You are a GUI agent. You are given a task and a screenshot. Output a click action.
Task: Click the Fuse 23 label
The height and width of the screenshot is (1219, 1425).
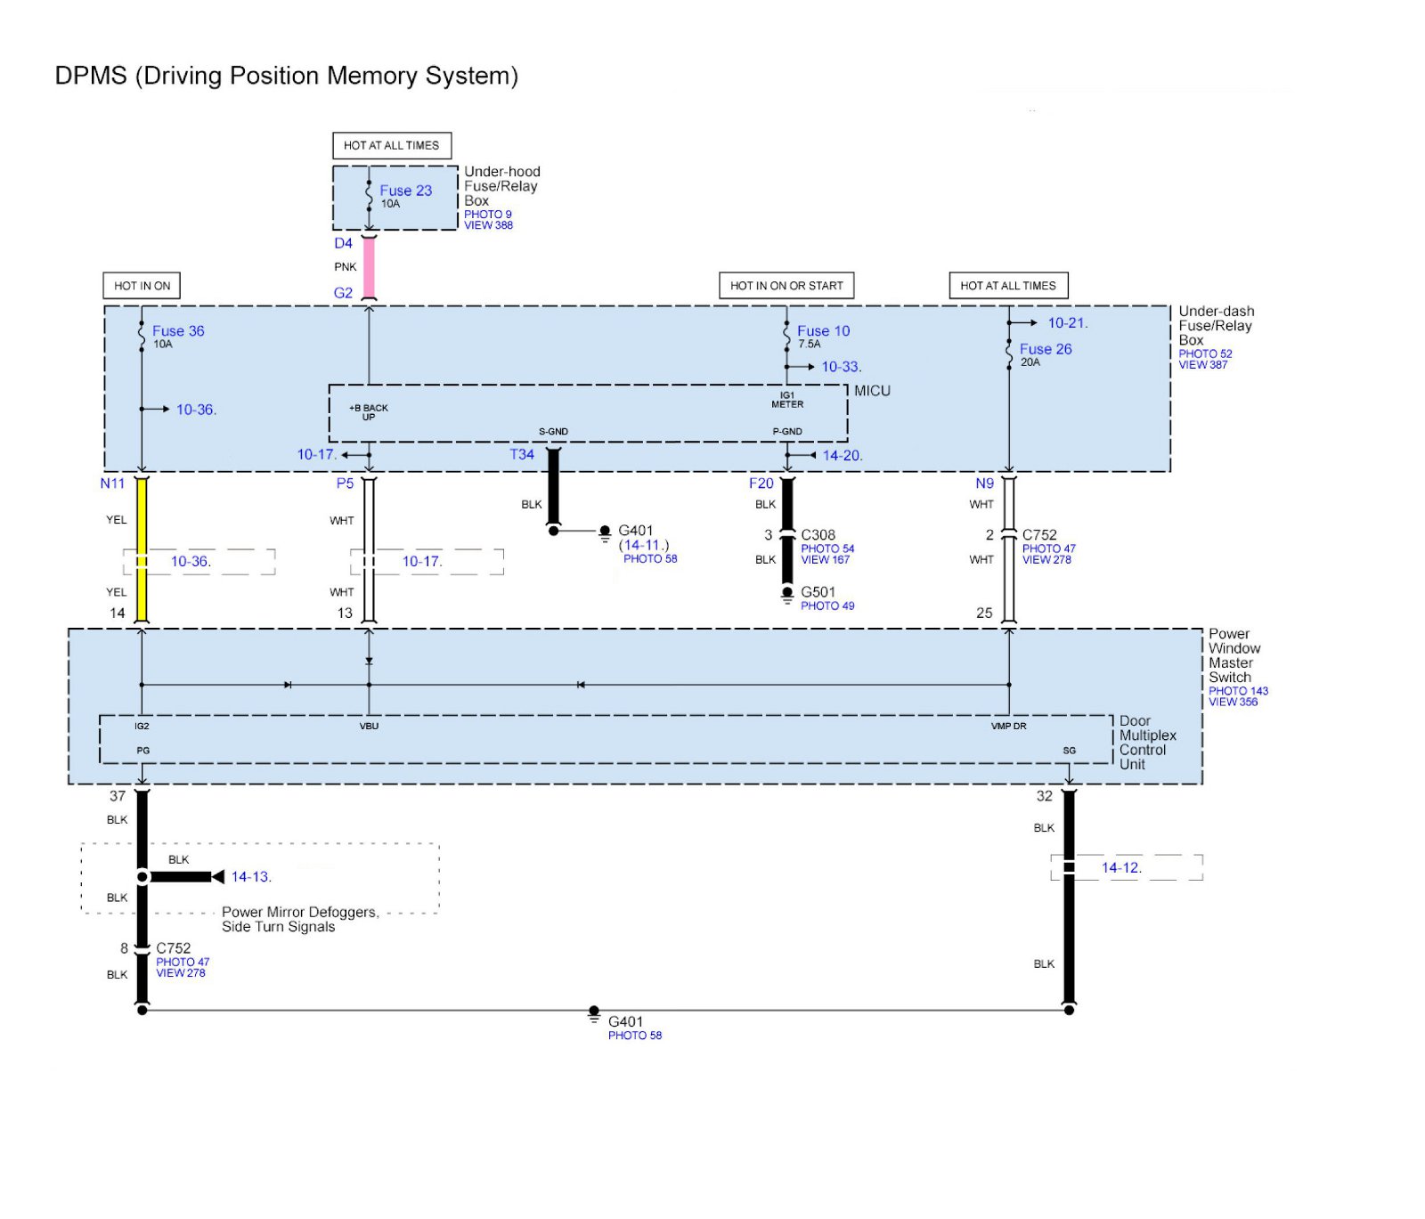point(405,191)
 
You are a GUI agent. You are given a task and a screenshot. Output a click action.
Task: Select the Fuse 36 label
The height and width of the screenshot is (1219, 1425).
point(178,331)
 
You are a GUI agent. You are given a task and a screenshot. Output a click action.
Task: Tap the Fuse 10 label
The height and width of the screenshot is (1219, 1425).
point(823,331)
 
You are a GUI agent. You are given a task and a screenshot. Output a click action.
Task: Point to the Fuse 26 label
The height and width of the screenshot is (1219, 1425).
point(1046,349)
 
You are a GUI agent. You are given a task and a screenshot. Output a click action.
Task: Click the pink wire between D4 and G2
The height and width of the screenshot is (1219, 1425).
point(369,268)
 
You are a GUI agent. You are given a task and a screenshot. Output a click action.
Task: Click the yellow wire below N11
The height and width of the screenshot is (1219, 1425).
point(142,549)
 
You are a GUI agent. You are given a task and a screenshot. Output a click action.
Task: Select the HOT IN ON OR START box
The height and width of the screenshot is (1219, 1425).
point(786,286)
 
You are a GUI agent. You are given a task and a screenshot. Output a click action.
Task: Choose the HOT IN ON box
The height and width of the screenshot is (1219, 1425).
point(142,286)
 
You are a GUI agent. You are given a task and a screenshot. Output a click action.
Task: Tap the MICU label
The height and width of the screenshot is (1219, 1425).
point(872,391)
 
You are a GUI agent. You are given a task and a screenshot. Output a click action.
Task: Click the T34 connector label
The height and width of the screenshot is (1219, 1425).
point(522,455)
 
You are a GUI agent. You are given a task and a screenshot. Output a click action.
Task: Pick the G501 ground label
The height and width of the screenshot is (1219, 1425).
point(818,592)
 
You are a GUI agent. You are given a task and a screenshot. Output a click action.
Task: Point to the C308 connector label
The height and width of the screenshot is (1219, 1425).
point(818,535)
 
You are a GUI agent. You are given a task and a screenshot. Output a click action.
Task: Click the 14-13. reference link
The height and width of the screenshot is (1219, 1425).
point(251,877)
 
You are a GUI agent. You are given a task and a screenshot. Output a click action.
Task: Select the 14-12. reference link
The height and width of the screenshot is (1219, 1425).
point(1121,868)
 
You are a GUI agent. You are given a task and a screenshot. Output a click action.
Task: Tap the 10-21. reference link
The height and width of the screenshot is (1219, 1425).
point(1068,323)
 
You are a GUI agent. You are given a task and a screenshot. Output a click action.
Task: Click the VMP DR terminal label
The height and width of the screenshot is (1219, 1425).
point(1009,727)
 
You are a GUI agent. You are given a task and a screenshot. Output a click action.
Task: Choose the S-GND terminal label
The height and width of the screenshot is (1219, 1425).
point(553,432)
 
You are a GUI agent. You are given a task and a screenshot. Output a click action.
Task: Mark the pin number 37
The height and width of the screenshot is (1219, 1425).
point(118,796)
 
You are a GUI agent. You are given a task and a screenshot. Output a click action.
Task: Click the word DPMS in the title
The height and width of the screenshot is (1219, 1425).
point(91,76)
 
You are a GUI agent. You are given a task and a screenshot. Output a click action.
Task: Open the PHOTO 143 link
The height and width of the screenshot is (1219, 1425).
point(1238,691)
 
